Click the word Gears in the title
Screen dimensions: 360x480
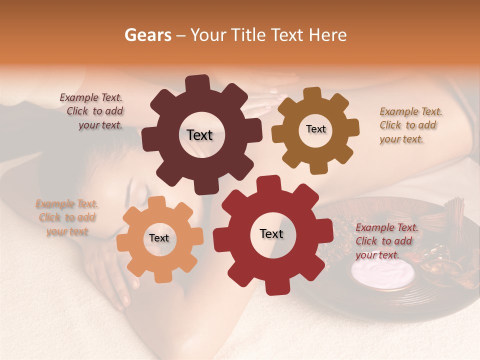pos(147,35)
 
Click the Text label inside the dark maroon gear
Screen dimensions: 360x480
pos(199,135)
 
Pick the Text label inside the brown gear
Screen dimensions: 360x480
pos(315,129)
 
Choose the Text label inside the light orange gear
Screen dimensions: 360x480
pos(159,238)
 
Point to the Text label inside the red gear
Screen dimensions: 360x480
pos(271,233)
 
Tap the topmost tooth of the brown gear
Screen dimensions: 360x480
pos(312,93)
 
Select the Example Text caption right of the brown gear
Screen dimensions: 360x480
pos(410,125)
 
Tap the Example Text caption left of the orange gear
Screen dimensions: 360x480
pos(67,217)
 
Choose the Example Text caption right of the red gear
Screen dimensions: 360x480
pos(386,241)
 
